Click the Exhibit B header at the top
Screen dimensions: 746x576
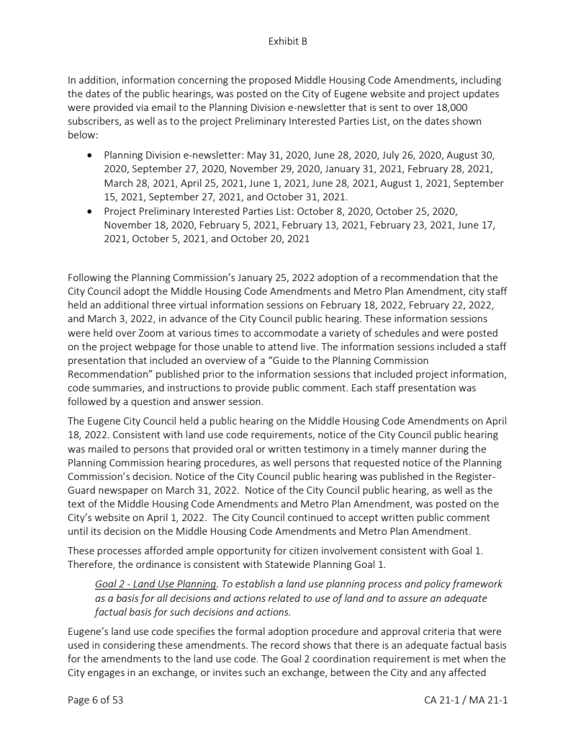point(287,41)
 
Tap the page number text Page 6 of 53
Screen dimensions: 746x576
point(95,700)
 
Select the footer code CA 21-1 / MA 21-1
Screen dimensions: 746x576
point(466,700)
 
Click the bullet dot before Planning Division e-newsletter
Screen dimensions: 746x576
point(89,156)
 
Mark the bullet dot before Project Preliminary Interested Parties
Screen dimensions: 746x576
point(89,211)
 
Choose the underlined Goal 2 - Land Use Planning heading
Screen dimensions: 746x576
point(156,584)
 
